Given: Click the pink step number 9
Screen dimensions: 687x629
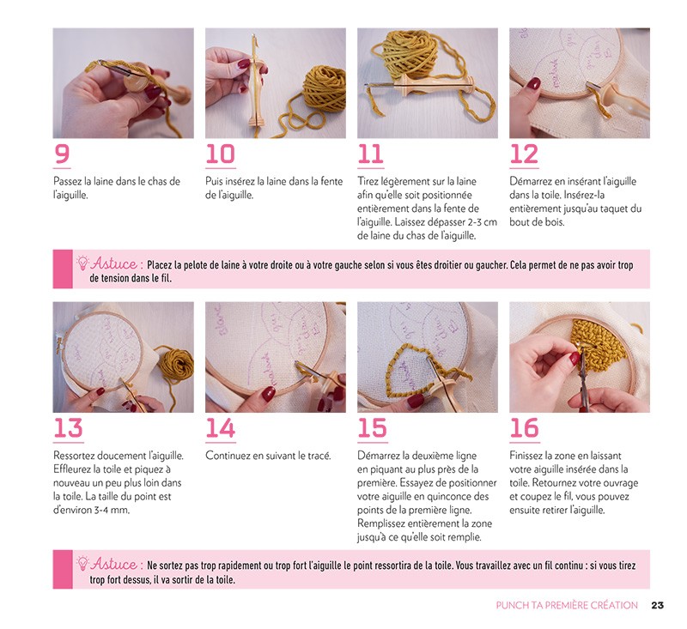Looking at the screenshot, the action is pos(62,154).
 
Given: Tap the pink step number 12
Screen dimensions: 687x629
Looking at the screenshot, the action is pos(524,154).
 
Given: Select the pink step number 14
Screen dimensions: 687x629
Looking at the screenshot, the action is pos(221,428).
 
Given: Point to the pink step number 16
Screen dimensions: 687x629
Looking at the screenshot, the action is pos(524,428).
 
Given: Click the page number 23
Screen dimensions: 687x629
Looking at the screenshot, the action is pos(657,605).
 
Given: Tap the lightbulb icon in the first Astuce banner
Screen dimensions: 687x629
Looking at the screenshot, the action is pos(82,263).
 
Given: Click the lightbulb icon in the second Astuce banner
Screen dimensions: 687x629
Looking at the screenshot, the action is pos(82,563).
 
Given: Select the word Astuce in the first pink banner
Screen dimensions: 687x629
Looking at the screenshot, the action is pos(114,263).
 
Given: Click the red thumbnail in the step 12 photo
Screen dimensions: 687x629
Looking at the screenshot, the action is pos(533,83).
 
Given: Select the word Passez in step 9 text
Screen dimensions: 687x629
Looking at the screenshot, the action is pos(68,181).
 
